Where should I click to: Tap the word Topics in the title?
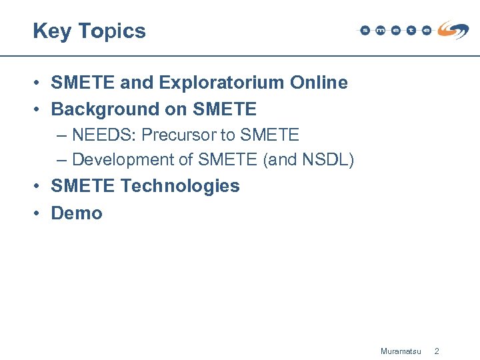111,31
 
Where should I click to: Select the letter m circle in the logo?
380,30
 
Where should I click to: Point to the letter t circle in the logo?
411,30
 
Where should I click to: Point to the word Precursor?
179,135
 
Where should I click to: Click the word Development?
122,160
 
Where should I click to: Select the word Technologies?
180,186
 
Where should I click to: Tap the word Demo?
77,213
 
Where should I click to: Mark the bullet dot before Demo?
40,213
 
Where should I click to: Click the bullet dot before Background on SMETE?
40,109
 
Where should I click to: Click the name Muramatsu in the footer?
400,351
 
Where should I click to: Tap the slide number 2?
437,351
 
